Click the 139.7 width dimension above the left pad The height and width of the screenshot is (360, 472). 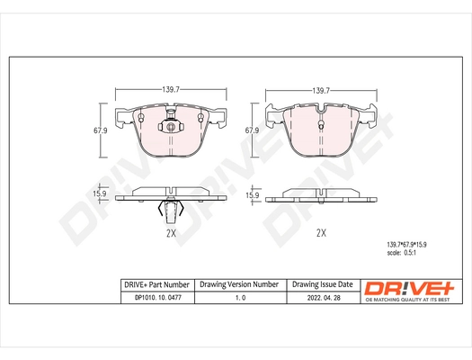click(171, 90)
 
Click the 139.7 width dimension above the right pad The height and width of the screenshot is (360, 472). click(321, 90)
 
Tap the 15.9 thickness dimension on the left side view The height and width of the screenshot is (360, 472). click(102, 194)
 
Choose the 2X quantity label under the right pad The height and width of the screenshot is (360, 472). click(321, 232)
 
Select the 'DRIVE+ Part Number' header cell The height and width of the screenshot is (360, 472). click(155, 284)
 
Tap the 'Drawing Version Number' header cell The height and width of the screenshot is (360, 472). click(239, 284)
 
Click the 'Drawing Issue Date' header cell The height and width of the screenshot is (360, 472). click(323, 284)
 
